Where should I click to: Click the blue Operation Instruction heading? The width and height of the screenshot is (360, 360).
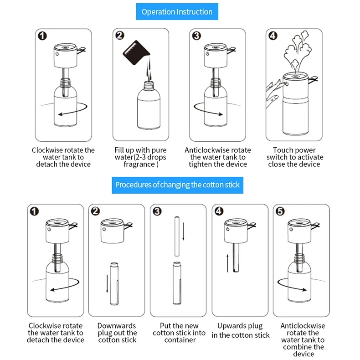coord(177,11)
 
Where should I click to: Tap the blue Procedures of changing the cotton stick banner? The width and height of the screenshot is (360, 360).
coord(177,185)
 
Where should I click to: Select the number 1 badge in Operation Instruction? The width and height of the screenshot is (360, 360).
coord(42,36)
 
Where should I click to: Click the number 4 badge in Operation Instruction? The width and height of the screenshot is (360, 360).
coord(273,36)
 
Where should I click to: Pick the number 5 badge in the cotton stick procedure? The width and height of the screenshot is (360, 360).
coord(280,211)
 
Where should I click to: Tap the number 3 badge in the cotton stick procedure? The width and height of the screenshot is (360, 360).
coord(157,211)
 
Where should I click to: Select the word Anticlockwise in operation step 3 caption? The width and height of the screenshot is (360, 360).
coord(204,150)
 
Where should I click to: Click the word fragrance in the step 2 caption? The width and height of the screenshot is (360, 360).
coord(139,165)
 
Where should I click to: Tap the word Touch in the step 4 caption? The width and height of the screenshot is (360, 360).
coord(283,150)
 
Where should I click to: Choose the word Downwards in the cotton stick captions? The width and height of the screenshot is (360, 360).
coord(117,326)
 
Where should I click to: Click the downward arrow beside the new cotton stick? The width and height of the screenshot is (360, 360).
coord(183,231)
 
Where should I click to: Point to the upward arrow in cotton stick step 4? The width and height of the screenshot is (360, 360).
coord(227,263)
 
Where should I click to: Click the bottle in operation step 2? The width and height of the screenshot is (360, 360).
coord(149,106)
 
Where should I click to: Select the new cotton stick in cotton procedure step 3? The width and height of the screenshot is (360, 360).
coord(177,236)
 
